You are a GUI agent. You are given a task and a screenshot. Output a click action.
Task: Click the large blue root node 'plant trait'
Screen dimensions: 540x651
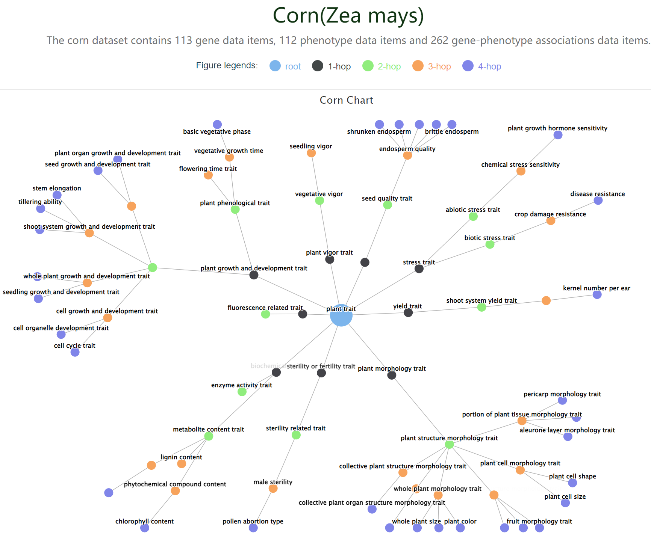[341, 315]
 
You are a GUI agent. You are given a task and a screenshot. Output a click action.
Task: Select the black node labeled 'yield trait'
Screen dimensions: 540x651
[408, 312]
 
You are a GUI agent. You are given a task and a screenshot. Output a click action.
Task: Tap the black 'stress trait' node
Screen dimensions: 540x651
[419, 268]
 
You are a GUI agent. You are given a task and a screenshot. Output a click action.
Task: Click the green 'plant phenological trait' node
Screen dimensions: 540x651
[235, 210]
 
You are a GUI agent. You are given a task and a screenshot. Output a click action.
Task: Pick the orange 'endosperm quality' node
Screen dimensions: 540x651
[407, 155]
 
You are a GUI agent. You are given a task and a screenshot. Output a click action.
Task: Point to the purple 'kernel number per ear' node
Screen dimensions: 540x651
[597, 294]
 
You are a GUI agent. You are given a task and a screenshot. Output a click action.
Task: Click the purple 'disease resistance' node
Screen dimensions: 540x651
[598, 200]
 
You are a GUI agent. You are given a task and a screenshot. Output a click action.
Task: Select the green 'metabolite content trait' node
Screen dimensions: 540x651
[209, 436]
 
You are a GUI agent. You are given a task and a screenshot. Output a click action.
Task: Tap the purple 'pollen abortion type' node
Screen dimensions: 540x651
[253, 528]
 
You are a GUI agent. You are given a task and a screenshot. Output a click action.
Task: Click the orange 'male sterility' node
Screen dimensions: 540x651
[273, 488]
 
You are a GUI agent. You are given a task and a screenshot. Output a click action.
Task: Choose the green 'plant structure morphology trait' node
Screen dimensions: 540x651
[449, 444]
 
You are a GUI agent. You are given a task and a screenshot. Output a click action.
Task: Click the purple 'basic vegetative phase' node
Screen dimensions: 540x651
[217, 124]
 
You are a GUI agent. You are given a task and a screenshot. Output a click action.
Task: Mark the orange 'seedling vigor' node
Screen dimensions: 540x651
[311, 153]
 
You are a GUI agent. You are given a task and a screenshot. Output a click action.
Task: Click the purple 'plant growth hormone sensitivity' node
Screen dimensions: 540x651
[558, 135]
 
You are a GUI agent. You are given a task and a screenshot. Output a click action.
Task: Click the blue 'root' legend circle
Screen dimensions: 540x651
[275, 66]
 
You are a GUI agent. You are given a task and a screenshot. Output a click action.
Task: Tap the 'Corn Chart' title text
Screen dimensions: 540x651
[346, 100]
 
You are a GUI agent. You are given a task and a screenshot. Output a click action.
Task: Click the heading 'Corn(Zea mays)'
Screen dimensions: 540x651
[348, 16]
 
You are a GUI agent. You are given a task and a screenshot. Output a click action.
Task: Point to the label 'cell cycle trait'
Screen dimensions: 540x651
[74, 345]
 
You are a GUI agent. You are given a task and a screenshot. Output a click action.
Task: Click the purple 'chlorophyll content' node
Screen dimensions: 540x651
[145, 528]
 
